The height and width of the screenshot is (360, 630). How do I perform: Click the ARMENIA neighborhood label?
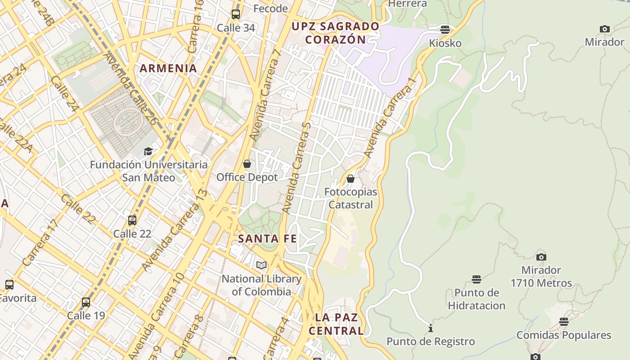(168, 68)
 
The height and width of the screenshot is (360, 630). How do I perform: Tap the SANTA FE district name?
(267, 238)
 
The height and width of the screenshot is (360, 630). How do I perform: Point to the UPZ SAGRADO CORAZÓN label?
(335, 33)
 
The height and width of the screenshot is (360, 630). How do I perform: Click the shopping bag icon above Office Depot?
(247, 164)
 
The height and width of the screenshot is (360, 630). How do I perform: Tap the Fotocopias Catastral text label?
(351, 198)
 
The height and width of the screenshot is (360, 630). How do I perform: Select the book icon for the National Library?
(261, 265)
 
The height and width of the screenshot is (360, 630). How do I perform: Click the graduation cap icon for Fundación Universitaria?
(148, 151)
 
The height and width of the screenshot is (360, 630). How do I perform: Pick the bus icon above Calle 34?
(236, 14)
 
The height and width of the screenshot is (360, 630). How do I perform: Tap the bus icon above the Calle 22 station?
(132, 220)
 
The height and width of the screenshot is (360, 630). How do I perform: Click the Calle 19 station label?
(86, 315)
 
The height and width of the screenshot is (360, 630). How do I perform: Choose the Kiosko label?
(445, 43)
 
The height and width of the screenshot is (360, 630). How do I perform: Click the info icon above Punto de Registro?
(431, 328)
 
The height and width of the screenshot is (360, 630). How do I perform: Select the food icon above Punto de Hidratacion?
(477, 279)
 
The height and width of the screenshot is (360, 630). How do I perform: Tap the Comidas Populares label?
(564, 335)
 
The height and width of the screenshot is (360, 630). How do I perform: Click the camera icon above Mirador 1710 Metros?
(541, 257)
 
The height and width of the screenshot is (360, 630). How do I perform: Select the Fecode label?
(270, 9)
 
